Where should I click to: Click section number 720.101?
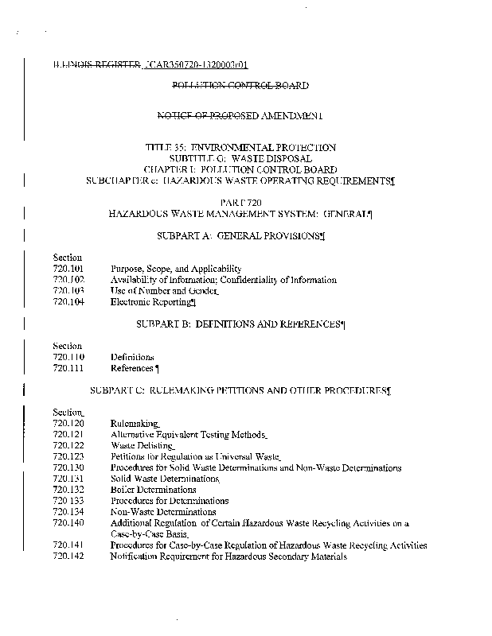[68, 269]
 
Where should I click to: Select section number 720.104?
[68, 302]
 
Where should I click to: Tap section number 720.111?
[68, 369]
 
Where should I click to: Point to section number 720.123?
[68, 457]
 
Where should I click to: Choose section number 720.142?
[68, 557]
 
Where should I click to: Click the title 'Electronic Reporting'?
[151, 302]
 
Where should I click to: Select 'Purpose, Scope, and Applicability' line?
[176, 269]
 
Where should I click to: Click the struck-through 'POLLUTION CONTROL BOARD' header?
[240, 84]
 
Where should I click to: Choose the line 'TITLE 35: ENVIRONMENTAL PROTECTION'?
[240, 147]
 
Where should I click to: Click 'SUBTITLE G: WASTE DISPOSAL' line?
[240, 158]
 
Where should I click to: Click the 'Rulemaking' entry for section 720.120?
[135, 425]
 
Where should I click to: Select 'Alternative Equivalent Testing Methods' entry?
[188, 435]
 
